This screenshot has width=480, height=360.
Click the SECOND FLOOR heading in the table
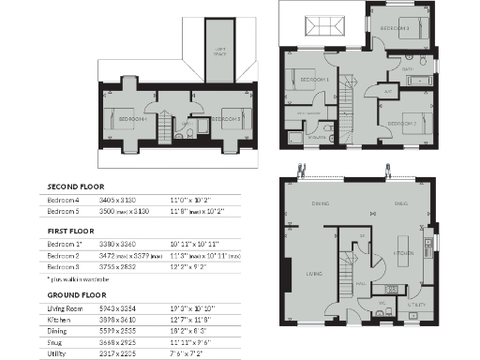pyautogui.click(x=74, y=186)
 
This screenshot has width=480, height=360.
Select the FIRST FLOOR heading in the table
pyautogui.click(x=70, y=230)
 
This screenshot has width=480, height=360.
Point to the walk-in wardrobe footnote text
pyautogui.click(x=82, y=279)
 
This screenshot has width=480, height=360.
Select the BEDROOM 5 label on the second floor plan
pyautogui.click(x=232, y=119)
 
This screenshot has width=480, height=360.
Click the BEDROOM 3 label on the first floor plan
pyautogui.click(x=394, y=29)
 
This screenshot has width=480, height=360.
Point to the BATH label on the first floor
pyautogui.click(x=408, y=69)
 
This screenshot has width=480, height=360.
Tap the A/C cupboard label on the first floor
pyautogui.click(x=387, y=91)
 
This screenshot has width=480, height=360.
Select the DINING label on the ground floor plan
pyautogui.click(x=320, y=202)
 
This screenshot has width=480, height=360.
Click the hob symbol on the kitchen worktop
pyautogui.click(x=391, y=290)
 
